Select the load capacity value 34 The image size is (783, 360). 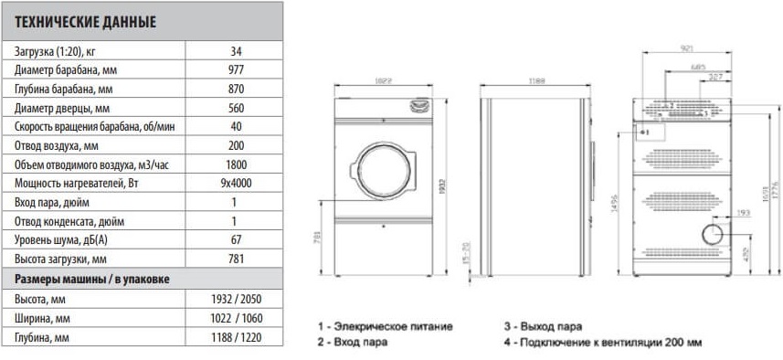[236, 51]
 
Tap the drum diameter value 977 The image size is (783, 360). [236, 70]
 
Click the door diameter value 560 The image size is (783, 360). [236, 108]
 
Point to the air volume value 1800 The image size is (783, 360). [236, 164]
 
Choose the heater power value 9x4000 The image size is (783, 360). [236, 184]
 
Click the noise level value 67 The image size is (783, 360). [236, 239]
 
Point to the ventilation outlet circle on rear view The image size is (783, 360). [712, 235]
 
